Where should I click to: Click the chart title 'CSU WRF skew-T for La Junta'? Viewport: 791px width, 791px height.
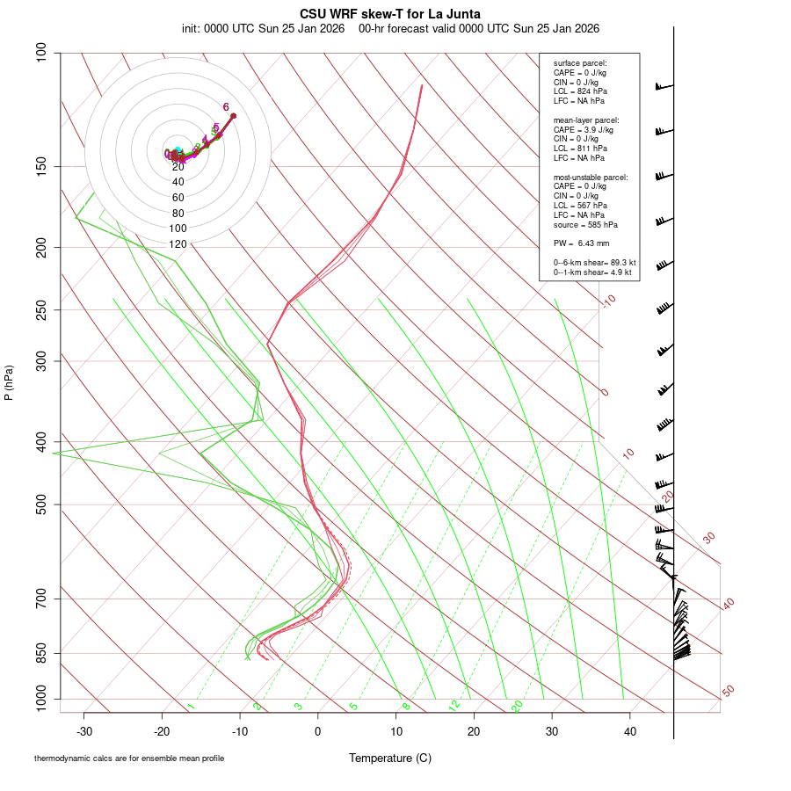(390, 14)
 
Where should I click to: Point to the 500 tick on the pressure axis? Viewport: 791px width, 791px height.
(42, 504)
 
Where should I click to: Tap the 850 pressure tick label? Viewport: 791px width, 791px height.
(42, 653)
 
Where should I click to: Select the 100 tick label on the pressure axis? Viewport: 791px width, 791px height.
(42, 53)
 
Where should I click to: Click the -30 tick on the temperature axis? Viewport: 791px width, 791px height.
(84, 731)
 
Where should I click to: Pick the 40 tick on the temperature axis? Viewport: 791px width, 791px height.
(629, 731)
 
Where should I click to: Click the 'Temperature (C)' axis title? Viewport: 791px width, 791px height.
(390, 758)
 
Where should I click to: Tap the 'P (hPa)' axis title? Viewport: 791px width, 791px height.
(9, 383)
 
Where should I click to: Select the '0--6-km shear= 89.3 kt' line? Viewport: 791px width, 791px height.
(594, 263)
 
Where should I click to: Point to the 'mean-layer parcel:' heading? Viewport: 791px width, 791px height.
(586, 120)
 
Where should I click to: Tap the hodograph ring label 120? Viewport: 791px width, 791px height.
(178, 243)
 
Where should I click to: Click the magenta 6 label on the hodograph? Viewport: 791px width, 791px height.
(226, 107)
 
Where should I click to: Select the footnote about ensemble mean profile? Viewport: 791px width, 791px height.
(129, 758)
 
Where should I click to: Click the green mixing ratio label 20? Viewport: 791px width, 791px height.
(518, 706)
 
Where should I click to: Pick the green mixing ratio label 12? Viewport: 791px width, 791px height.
(454, 706)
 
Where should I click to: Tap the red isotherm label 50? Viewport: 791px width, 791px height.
(728, 692)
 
